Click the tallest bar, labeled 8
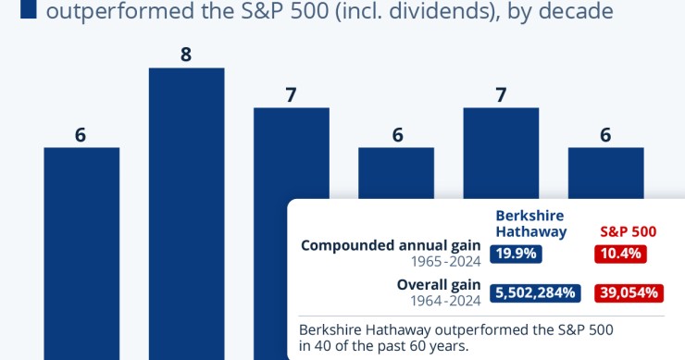click(x=186, y=213)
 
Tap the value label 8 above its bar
click(x=186, y=55)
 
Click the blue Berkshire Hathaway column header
click(x=529, y=223)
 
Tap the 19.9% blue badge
click(x=517, y=254)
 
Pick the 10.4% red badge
click(x=620, y=254)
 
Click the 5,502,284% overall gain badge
click(x=536, y=292)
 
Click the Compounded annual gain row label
click(x=392, y=245)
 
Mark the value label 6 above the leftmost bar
click(x=81, y=134)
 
